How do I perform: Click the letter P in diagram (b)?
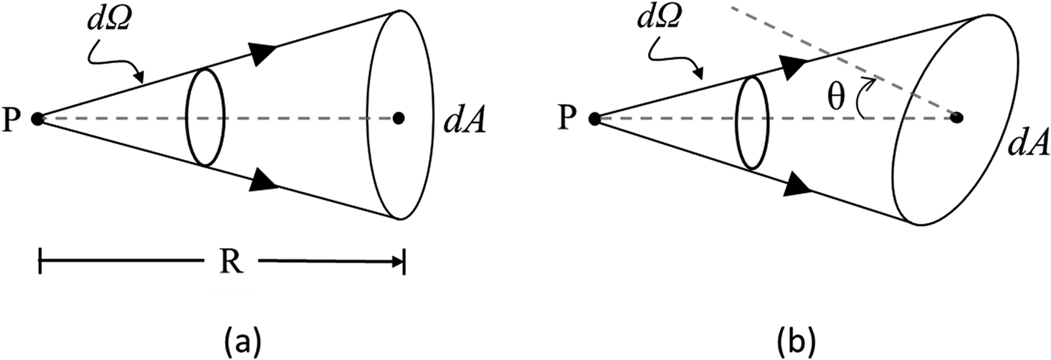pos(567,119)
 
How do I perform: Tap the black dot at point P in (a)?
pos(39,118)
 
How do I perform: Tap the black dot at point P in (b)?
pos(594,118)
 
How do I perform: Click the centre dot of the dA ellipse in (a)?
pos(399,118)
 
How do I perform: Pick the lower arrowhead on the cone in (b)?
pos(797,186)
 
